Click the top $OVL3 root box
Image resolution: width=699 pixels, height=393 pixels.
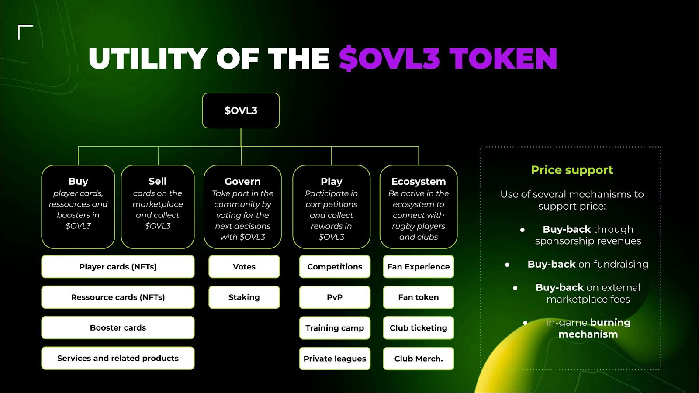pyautogui.click(x=241, y=110)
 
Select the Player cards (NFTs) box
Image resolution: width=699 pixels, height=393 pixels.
pyautogui.click(x=118, y=267)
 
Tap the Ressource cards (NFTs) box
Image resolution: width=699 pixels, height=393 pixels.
pyautogui.click(x=118, y=297)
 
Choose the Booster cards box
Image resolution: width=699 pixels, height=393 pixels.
pyautogui.click(x=118, y=328)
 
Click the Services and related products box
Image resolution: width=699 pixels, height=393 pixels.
pyautogui.click(x=118, y=358)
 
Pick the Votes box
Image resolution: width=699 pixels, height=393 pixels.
pyautogui.click(x=244, y=267)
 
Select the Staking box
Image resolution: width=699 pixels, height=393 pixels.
pyautogui.click(x=244, y=297)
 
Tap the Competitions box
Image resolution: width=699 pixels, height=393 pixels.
pyautogui.click(x=335, y=267)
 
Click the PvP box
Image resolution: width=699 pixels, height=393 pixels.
pyautogui.click(x=335, y=297)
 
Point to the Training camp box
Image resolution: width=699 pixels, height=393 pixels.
pyautogui.click(x=335, y=328)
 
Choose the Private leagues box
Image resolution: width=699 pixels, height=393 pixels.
pyautogui.click(x=335, y=359)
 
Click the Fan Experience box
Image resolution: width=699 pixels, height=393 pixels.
pyautogui.click(x=419, y=267)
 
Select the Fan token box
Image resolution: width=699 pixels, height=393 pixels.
pyautogui.click(x=419, y=297)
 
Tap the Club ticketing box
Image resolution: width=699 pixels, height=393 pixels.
pyautogui.click(x=419, y=328)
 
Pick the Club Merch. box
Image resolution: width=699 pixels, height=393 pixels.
pyautogui.click(x=419, y=359)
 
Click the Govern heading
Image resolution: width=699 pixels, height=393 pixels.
pyautogui.click(x=242, y=182)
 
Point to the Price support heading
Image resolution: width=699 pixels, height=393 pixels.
pyautogui.click(x=572, y=170)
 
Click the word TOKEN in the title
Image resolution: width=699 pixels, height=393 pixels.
pyautogui.click(x=503, y=59)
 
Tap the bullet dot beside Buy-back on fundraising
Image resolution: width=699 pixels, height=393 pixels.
pyautogui.click(x=507, y=265)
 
